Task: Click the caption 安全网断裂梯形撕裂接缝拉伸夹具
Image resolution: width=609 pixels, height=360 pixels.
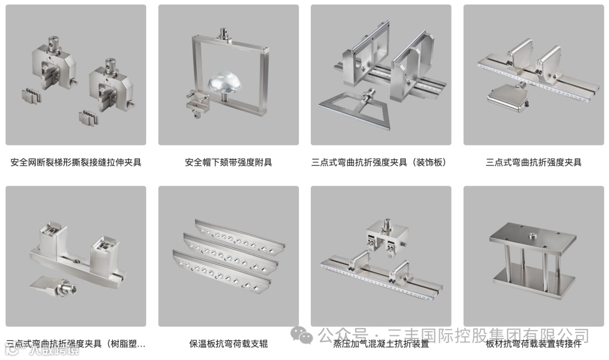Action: (76, 163)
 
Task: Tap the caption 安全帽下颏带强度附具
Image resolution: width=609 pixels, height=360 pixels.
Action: (228, 163)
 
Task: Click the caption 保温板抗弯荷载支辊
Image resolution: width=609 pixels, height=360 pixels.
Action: (228, 344)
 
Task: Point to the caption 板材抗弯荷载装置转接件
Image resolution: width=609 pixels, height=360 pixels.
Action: (533, 344)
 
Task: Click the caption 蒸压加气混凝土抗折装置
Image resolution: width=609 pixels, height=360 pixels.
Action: (381, 344)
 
